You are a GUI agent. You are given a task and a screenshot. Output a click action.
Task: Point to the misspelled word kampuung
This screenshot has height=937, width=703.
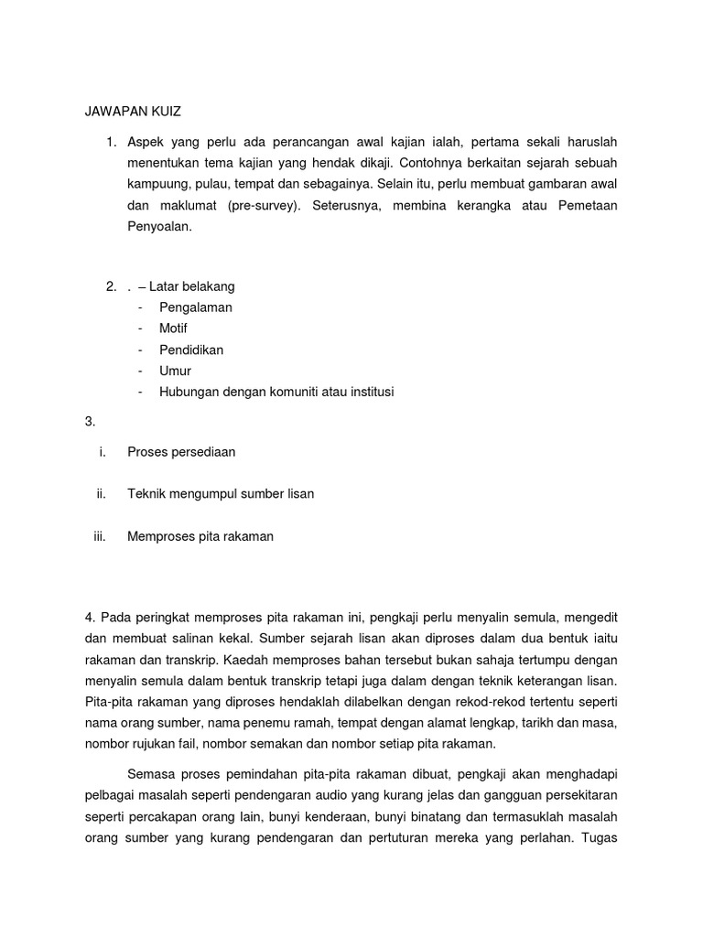coord(159,185)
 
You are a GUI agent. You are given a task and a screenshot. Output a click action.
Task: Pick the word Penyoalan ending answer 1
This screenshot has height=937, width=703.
coord(159,227)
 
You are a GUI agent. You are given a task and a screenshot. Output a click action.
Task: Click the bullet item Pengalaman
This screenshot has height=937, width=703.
coord(195,307)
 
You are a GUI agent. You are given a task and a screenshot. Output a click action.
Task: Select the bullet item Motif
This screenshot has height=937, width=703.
coord(173,328)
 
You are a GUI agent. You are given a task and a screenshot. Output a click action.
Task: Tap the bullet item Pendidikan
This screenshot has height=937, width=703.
coord(190,350)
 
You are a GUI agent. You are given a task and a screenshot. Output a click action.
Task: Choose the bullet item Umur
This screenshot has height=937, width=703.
coord(175,371)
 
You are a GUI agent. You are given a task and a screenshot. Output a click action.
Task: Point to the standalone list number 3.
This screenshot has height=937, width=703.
coord(89,421)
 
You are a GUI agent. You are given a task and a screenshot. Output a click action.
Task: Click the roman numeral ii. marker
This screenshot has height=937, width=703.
coord(102,494)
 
